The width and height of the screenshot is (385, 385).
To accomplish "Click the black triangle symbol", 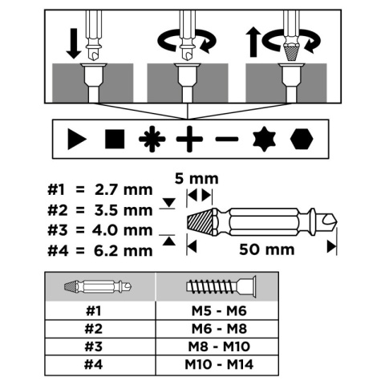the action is click(x=76, y=139).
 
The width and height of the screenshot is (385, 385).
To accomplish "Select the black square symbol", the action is click(x=115, y=139).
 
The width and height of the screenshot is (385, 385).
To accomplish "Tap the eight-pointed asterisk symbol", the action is click(x=152, y=139).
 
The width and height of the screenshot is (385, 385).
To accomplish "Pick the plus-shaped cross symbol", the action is click(x=189, y=139).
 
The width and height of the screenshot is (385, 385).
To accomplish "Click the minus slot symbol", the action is click(x=227, y=139).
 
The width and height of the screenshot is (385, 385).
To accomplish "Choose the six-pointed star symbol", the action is click(x=264, y=139).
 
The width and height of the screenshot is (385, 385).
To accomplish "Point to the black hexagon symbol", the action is click(x=302, y=139).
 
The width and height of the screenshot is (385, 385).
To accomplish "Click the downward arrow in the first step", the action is click(x=74, y=43).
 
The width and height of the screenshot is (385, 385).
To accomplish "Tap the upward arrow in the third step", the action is click(x=253, y=43).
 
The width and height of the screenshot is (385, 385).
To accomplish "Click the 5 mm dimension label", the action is click(x=197, y=179).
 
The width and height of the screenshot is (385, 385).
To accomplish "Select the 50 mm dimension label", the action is click(x=266, y=249).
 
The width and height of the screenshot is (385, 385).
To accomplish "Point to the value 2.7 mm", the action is click(x=124, y=190).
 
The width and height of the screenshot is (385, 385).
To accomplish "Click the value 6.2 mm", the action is click(x=124, y=251).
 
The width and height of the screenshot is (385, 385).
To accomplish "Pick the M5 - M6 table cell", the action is click(x=219, y=311).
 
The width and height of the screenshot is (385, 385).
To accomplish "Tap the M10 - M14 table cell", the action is click(x=219, y=364).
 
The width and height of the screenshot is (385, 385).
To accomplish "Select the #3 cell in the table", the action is click(x=94, y=346).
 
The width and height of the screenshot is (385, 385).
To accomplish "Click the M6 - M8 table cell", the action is click(x=219, y=329).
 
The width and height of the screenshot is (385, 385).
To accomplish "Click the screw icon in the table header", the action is click(x=221, y=287).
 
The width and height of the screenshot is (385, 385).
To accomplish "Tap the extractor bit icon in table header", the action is click(x=98, y=287).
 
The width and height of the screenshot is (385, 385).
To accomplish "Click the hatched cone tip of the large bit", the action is click(x=201, y=221).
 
